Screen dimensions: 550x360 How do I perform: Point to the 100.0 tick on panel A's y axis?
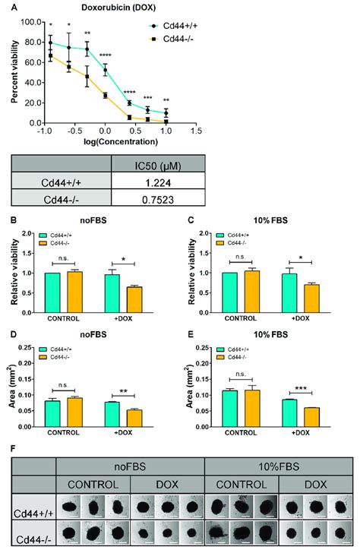28,21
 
